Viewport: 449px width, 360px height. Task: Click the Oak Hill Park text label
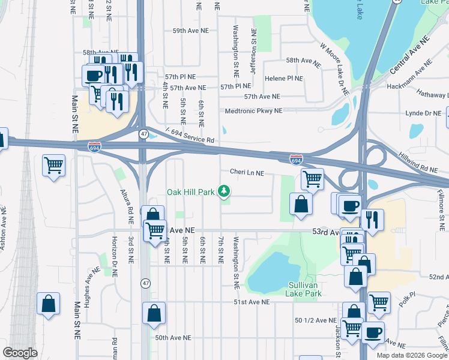pos(190,193)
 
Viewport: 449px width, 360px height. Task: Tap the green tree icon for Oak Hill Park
pos(224,191)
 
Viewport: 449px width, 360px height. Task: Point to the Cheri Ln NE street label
pos(247,172)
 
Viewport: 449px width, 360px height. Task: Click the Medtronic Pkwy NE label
pos(253,111)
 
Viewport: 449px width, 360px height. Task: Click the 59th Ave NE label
pos(190,30)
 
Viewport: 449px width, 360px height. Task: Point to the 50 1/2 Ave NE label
pos(316,320)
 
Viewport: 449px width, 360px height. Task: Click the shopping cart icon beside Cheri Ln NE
pos(312,178)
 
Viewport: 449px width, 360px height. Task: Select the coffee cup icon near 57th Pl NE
pos(93,75)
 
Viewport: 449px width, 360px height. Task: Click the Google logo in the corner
pos(20,353)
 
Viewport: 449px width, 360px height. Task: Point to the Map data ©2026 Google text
pos(411,355)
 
